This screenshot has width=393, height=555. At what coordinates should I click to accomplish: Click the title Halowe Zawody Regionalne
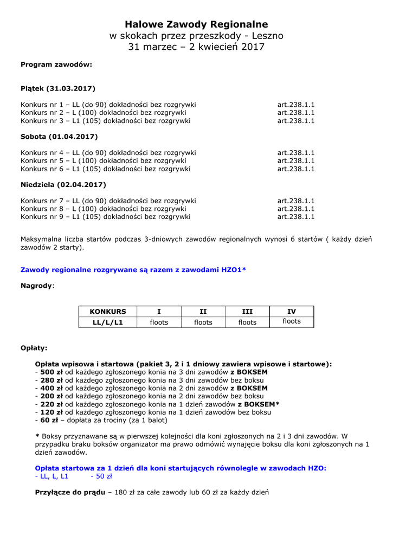pyautogui.click(x=196, y=24)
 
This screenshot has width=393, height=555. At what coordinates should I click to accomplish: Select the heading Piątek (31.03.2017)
pyautogui.click(x=58, y=88)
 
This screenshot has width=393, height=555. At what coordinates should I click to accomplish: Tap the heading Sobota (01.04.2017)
pyautogui.click(x=59, y=137)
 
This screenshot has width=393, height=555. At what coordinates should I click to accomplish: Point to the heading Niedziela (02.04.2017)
pyautogui.click(x=63, y=185)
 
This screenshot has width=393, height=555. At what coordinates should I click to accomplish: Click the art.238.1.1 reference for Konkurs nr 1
pyautogui.click(x=296, y=105)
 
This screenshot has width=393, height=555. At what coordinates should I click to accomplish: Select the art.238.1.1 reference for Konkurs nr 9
pyautogui.click(x=296, y=217)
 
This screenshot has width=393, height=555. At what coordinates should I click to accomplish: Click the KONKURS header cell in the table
pyautogui.click(x=107, y=312)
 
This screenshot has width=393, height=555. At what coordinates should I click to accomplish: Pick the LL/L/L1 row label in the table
pyautogui.click(x=107, y=322)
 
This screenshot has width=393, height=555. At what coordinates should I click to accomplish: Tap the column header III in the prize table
pyautogui.click(x=247, y=312)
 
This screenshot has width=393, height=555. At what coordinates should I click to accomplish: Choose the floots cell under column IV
pyautogui.click(x=292, y=321)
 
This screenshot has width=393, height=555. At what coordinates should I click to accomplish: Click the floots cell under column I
pyautogui.click(x=159, y=322)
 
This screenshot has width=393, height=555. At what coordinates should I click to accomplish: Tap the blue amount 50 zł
pyautogui.click(x=101, y=476)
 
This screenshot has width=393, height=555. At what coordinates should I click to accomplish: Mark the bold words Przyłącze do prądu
pyautogui.click(x=70, y=493)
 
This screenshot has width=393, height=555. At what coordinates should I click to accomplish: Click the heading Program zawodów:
pyautogui.click(x=56, y=64)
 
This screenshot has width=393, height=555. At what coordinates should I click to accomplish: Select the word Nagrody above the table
pyautogui.click(x=36, y=285)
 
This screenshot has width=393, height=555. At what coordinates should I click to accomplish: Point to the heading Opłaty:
pyautogui.click(x=34, y=348)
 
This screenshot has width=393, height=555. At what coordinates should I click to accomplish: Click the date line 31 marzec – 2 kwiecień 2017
pyautogui.click(x=196, y=47)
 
